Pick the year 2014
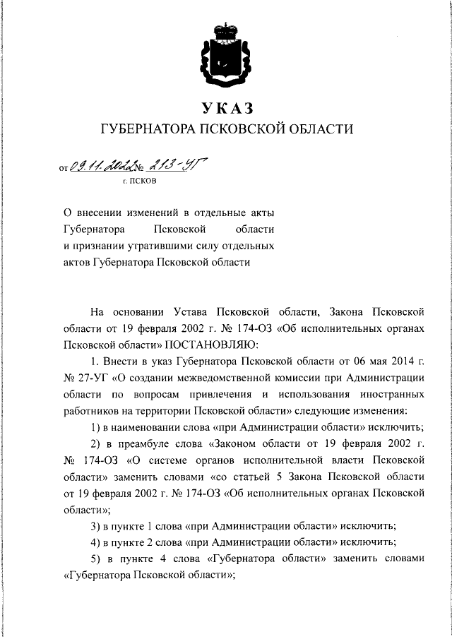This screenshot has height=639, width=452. (395, 362)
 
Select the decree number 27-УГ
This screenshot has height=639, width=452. (88, 378)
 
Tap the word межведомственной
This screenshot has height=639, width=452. (235, 378)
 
